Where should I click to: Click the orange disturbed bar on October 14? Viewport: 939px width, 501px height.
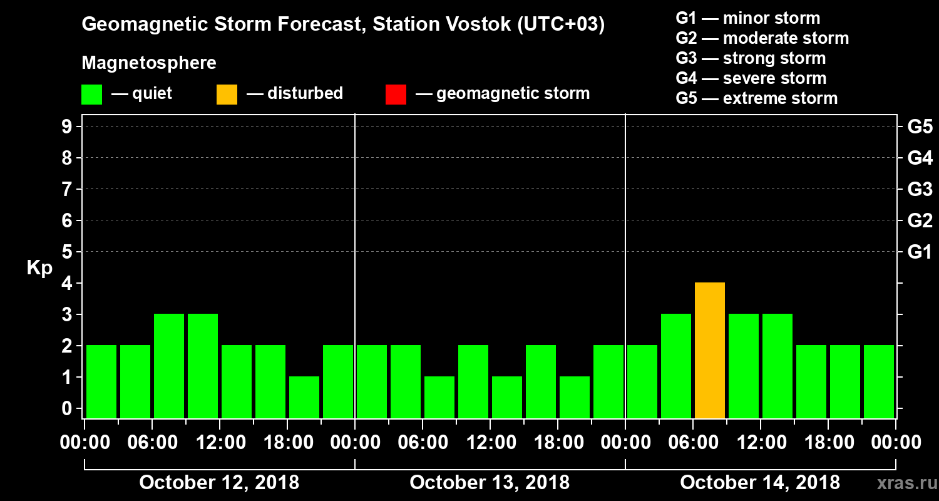[710, 350]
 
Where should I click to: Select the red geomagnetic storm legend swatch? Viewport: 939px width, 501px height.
[396, 95]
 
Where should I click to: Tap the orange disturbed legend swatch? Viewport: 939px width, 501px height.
[227, 95]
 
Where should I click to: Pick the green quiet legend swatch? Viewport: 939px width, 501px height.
[91, 95]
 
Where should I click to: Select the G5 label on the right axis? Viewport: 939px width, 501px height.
[920, 127]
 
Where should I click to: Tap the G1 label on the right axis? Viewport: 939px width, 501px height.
[920, 252]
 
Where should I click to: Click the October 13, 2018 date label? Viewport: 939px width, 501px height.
[490, 483]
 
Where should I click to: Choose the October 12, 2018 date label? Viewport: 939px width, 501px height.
[219, 483]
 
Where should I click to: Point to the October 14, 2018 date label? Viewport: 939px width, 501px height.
[760, 483]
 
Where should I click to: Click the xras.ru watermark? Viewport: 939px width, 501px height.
[901, 483]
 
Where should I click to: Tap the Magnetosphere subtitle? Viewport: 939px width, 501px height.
[149, 63]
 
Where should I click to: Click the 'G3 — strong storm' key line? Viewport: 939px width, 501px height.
[751, 58]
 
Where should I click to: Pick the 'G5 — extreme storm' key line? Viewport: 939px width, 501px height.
[756, 98]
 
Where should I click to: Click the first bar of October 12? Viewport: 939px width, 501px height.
[101, 381]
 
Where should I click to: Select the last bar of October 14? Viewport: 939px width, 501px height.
[879, 381]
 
